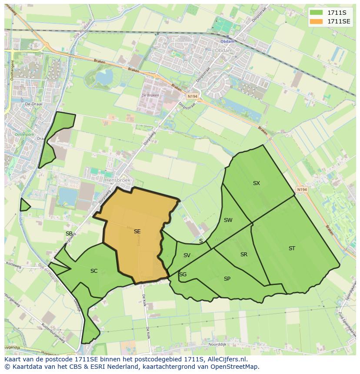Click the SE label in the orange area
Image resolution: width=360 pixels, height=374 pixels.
point(137,232)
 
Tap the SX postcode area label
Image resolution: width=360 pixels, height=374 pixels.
point(257,183)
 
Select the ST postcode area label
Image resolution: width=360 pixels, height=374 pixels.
point(292,248)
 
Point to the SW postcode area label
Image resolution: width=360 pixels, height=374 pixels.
point(228,220)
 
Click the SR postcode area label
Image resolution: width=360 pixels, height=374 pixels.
point(244,255)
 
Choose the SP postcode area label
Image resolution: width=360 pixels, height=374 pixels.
point(227,279)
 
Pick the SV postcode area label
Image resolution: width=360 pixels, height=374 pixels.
point(187,255)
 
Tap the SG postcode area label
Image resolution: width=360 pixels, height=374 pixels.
point(183,275)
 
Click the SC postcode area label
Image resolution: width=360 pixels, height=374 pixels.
point(94,271)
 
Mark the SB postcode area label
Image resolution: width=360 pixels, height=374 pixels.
point(69,234)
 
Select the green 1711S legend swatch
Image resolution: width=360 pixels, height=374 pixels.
point(316,13)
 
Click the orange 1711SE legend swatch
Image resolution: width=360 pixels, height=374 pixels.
point(316,21)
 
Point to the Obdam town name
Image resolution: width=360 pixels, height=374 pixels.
point(224,50)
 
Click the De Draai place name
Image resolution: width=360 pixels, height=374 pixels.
point(33,104)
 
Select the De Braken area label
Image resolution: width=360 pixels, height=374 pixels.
point(150,96)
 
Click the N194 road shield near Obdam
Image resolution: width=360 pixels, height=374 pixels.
point(192,96)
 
